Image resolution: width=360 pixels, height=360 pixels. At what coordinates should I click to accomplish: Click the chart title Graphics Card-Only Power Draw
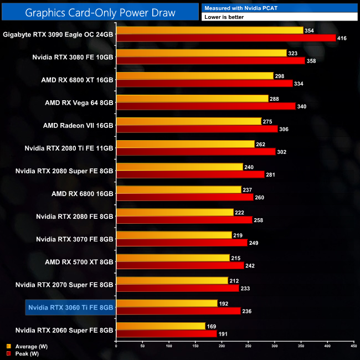[x=100, y=12]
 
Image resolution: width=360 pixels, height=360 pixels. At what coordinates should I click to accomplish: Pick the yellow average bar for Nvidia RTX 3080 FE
[x=201, y=53]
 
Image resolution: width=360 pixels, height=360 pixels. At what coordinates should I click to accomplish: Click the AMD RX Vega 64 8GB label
[x=79, y=102]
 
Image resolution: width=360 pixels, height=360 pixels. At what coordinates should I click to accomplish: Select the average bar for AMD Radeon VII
[x=188, y=121]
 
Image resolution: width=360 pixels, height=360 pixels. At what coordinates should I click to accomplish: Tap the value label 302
[x=282, y=151]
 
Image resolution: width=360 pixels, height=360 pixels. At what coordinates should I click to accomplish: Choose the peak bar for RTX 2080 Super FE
[x=190, y=174]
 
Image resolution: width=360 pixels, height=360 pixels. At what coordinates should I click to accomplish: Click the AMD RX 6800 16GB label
[x=83, y=193]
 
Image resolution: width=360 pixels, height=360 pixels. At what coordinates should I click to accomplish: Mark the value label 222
[x=240, y=212]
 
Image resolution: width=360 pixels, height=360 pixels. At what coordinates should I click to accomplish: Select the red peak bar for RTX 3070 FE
[x=182, y=242]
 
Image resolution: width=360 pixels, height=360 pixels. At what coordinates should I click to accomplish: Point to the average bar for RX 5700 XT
[x=172, y=257]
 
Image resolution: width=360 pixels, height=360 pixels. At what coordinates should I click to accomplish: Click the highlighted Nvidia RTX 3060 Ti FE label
[x=70, y=307]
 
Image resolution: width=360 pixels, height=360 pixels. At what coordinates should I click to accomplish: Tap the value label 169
[x=211, y=326]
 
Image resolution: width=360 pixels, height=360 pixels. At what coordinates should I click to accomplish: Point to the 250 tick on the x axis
[x=248, y=346]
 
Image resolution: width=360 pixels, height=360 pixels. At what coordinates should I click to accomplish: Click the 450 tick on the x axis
[x=353, y=346]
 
